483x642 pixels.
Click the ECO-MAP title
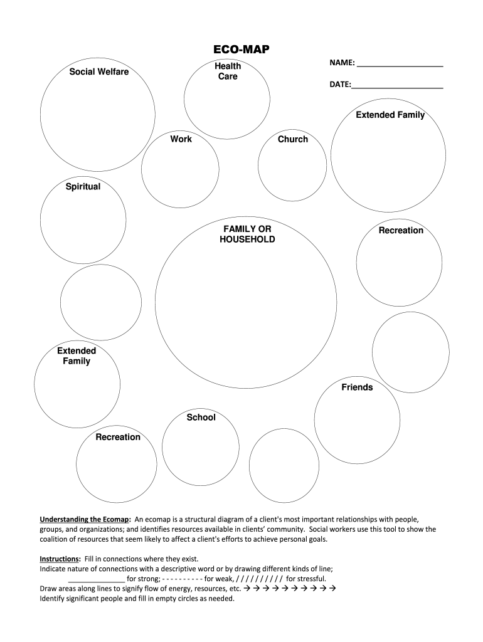(242, 50)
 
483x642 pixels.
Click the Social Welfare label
(98, 71)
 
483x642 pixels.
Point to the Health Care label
(228, 71)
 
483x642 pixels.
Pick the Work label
(181, 139)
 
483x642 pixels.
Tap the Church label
(293, 139)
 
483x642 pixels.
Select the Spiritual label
(83, 186)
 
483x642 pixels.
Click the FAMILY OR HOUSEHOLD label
(247, 234)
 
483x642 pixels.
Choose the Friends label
(357, 387)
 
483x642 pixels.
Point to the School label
(201, 417)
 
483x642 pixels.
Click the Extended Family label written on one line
(390, 115)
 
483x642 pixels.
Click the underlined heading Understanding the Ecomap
(85, 520)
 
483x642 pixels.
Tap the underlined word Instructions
(60, 559)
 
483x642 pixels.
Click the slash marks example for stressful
(259, 579)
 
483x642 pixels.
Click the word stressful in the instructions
(306, 579)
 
